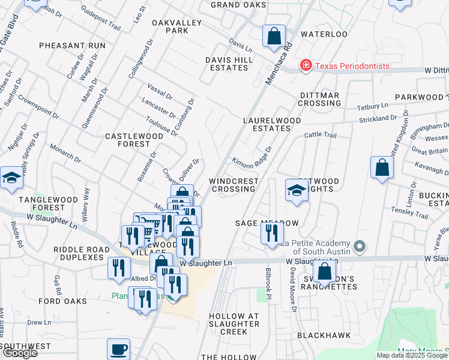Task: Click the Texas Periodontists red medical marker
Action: pyautogui.click(x=306, y=65)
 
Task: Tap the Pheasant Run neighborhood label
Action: pyautogui.click(x=72, y=46)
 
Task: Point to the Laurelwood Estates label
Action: pyautogui.click(x=271, y=124)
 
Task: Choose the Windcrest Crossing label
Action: pyautogui.click(x=234, y=185)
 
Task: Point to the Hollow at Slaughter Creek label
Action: pyautogui.click(x=234, y=324)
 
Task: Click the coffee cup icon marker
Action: pyautogui.click(x=118, y=349)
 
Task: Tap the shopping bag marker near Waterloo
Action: pyautogui.click(x=274, y=36)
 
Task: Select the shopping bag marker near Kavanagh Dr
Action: pyautogui.click(x=382, y=168)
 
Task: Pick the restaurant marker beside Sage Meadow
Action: pyautogui.click(x=272, y=232)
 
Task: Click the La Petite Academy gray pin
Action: pyautogui.click(x=360, y=247)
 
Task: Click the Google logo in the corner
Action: pyautogui.click(x=19, y=353)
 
